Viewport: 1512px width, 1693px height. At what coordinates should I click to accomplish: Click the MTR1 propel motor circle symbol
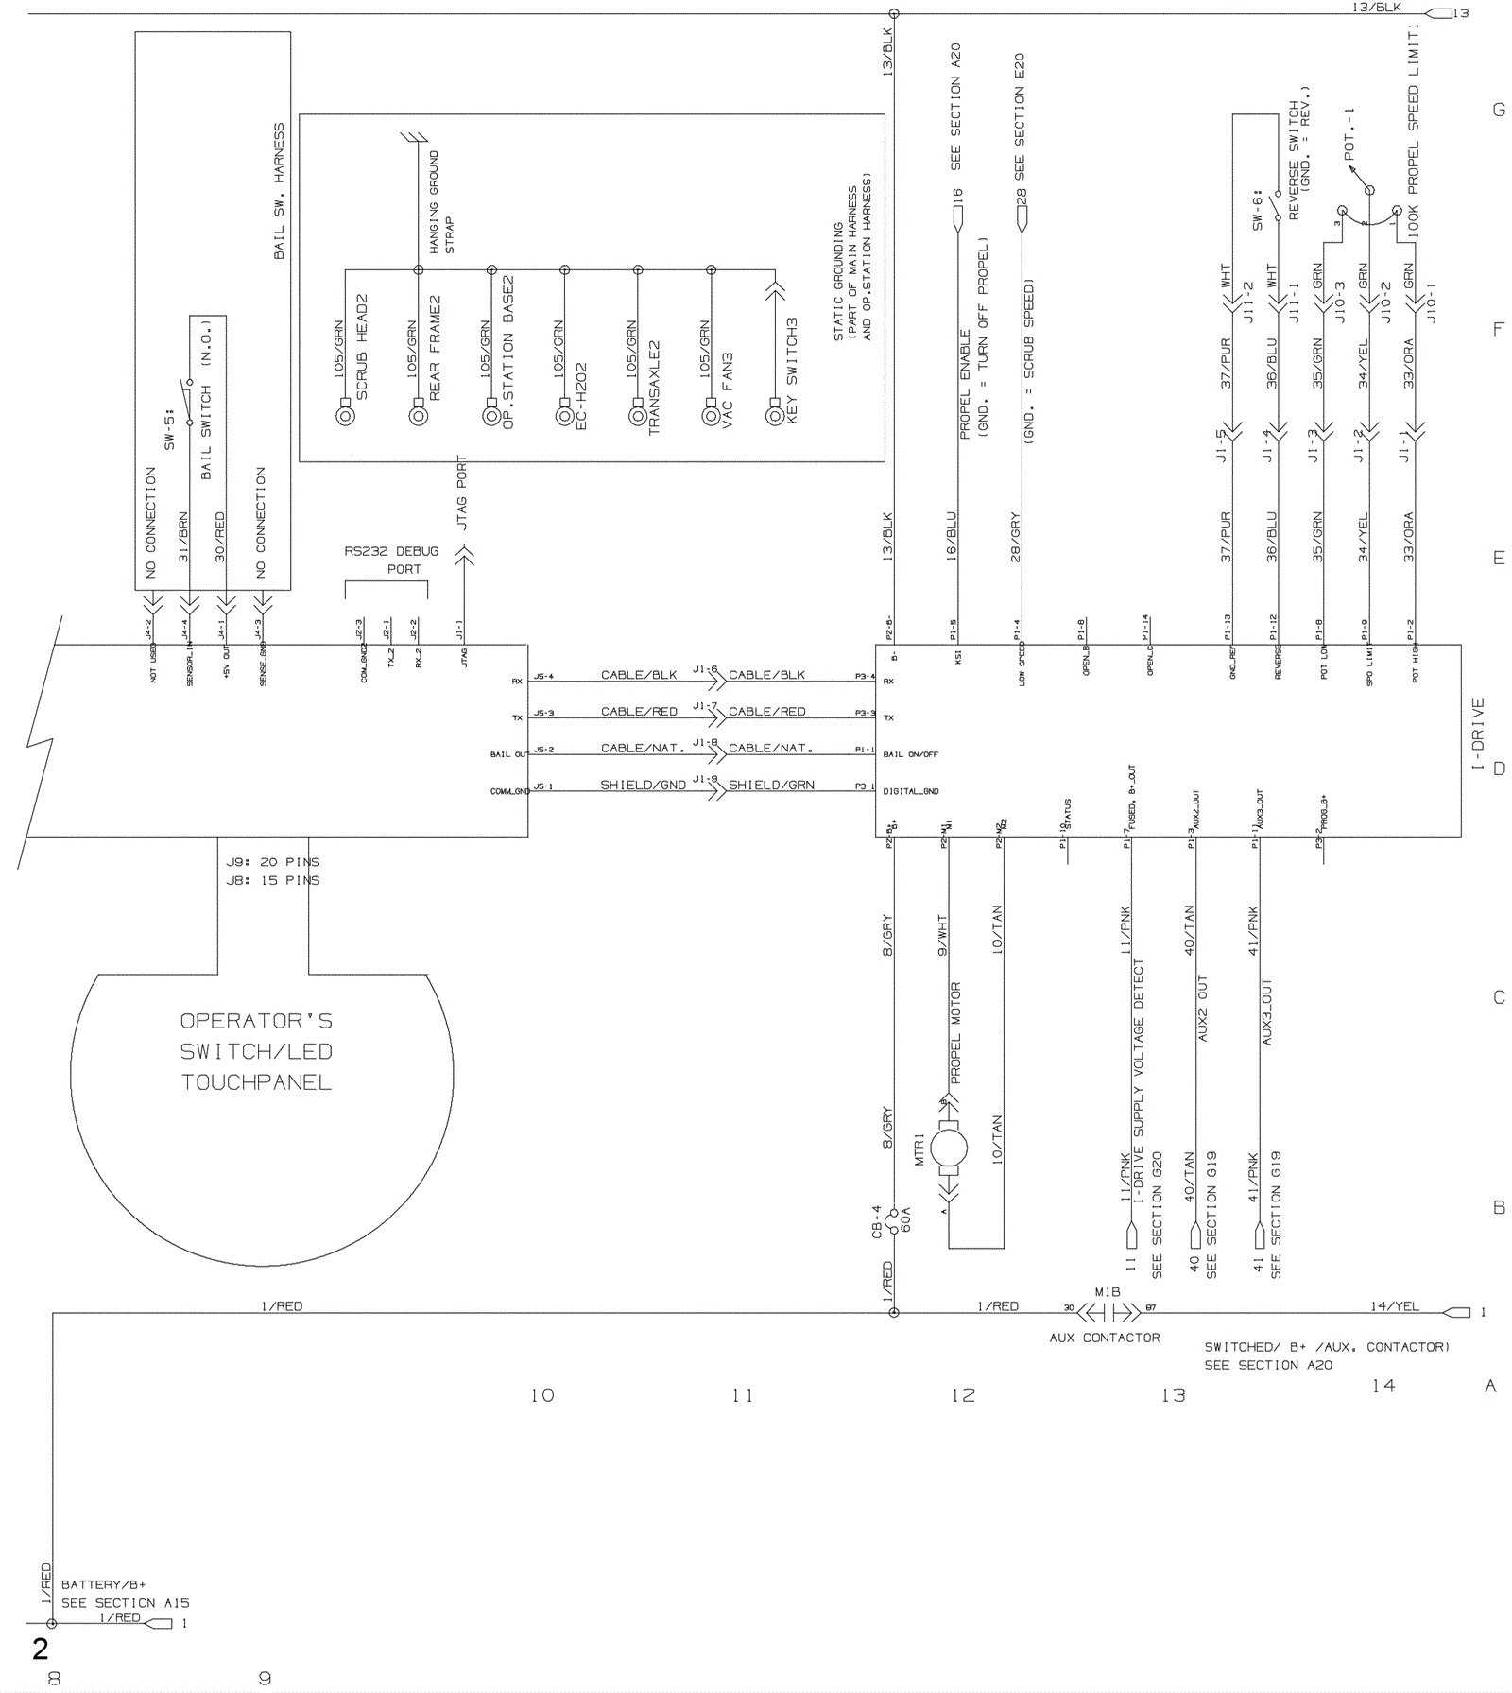point(949,1149)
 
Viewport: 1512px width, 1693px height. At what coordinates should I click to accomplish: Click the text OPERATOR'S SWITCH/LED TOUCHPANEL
point(256,1051)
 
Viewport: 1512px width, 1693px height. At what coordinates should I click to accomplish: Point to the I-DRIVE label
point(1478,733)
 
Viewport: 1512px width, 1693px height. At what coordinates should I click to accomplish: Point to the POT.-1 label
point(1349,132)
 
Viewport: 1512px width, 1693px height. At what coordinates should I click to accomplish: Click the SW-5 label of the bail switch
point(171,427)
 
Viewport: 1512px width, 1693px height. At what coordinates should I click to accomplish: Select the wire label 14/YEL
point(1395,1305)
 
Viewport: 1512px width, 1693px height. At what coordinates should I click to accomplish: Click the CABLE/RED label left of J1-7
point(639,711)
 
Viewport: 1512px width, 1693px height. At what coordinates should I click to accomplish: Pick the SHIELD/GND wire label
point(643,785)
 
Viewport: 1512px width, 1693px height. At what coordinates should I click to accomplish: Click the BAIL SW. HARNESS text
point(279,190)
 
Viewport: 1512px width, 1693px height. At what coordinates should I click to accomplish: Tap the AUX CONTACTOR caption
point(1104,1338)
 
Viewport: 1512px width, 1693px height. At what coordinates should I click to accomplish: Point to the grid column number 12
point(963,1395)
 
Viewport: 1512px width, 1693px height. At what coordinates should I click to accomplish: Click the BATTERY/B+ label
point(104,1584)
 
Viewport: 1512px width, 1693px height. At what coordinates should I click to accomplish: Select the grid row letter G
point(1499,110)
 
